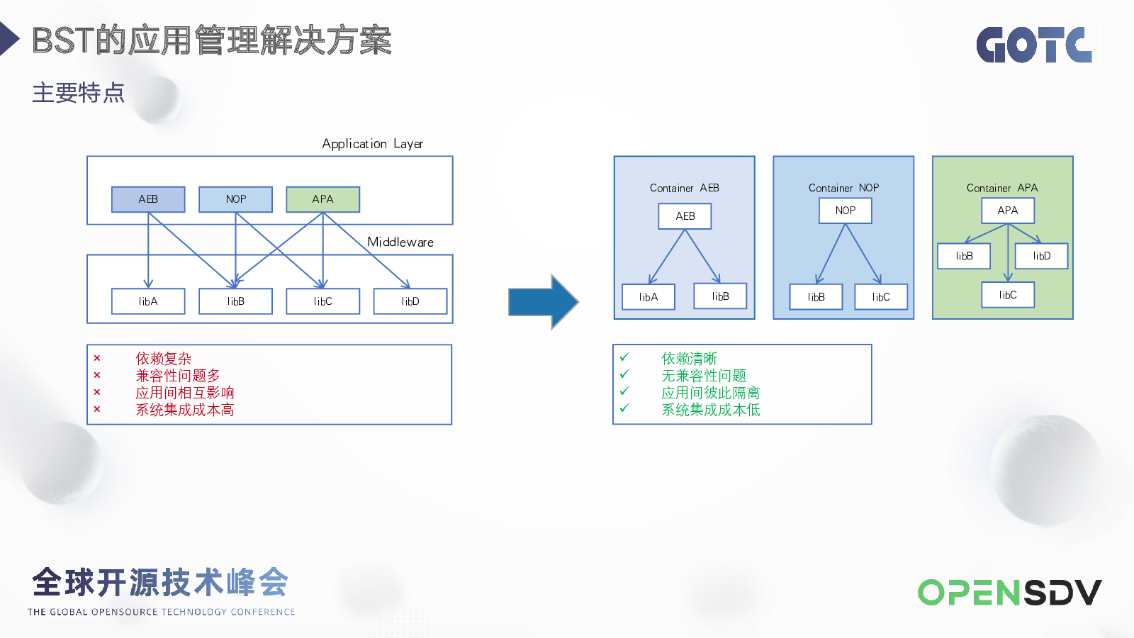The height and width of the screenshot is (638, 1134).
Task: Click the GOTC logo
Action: (1034, 45)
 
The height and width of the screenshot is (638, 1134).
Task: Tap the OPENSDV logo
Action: (1009, 593)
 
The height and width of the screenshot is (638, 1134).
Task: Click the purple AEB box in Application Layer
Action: (148, 199)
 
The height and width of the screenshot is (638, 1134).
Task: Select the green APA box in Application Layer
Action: (323, 199)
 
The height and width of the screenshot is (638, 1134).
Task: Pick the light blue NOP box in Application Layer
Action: (236, 199)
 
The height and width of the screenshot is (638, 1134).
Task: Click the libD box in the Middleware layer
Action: (410, 301)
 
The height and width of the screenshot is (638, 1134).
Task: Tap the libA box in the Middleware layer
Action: (148, 301)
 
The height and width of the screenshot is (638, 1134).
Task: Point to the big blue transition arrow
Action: (543, 302)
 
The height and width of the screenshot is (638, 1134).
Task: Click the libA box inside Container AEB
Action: (649, 297)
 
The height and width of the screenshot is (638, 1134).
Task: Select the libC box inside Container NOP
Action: (881, 297)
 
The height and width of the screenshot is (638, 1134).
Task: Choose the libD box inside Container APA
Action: (1042, 256)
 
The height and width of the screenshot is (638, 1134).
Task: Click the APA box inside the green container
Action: (1008, 211)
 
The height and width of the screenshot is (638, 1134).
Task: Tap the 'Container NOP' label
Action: (844, 188)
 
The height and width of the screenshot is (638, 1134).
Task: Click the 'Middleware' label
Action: (400, 242)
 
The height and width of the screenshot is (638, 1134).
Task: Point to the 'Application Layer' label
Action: (373, 144)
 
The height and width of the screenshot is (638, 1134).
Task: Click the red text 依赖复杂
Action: (164, 359)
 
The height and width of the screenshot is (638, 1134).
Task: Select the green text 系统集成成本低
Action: (711, 410)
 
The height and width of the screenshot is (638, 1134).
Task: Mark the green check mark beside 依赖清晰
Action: (624, 357)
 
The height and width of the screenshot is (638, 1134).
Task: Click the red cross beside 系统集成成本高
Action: (97, 409)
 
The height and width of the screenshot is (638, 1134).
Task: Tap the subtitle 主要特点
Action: (79, 93)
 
